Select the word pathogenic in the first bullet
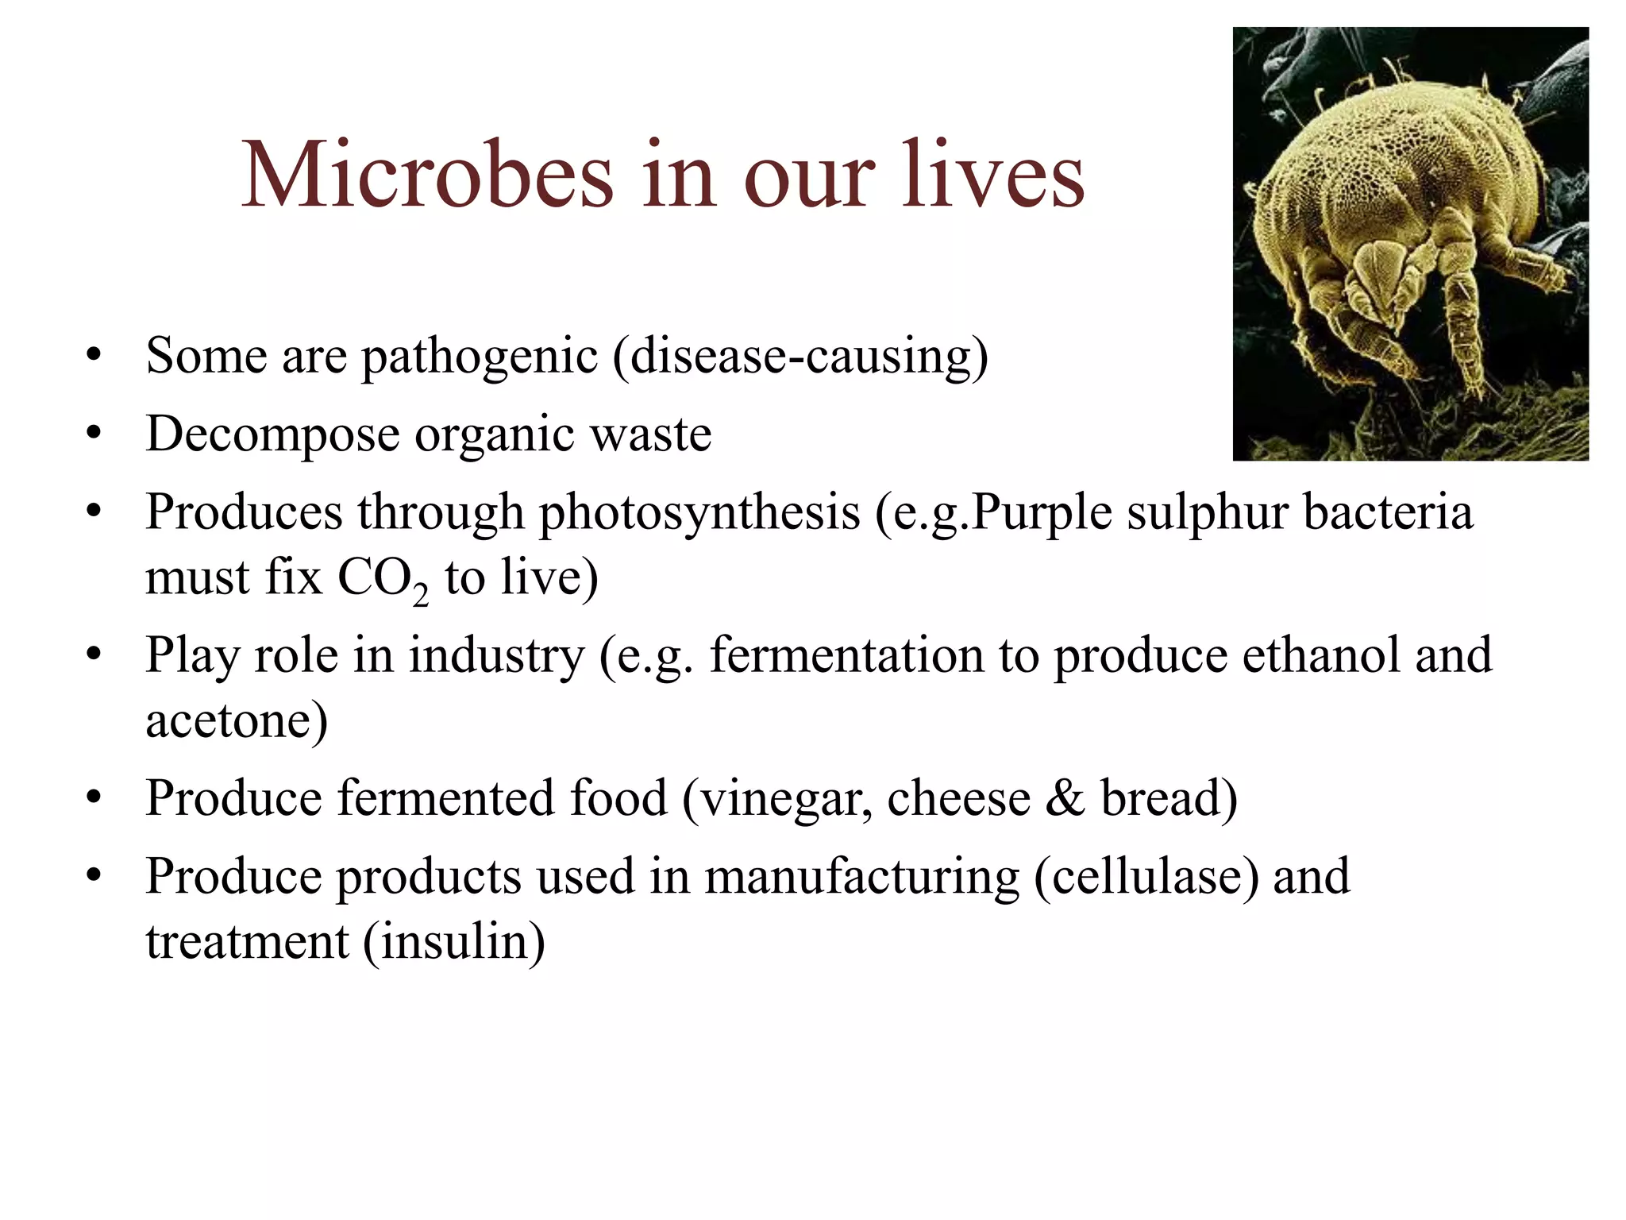pos(480,356)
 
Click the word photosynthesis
pos(699,512)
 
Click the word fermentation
pos(846,655)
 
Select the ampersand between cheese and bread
pos(1065,798)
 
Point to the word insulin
pos(454,942)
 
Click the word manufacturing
pos(861,877)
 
